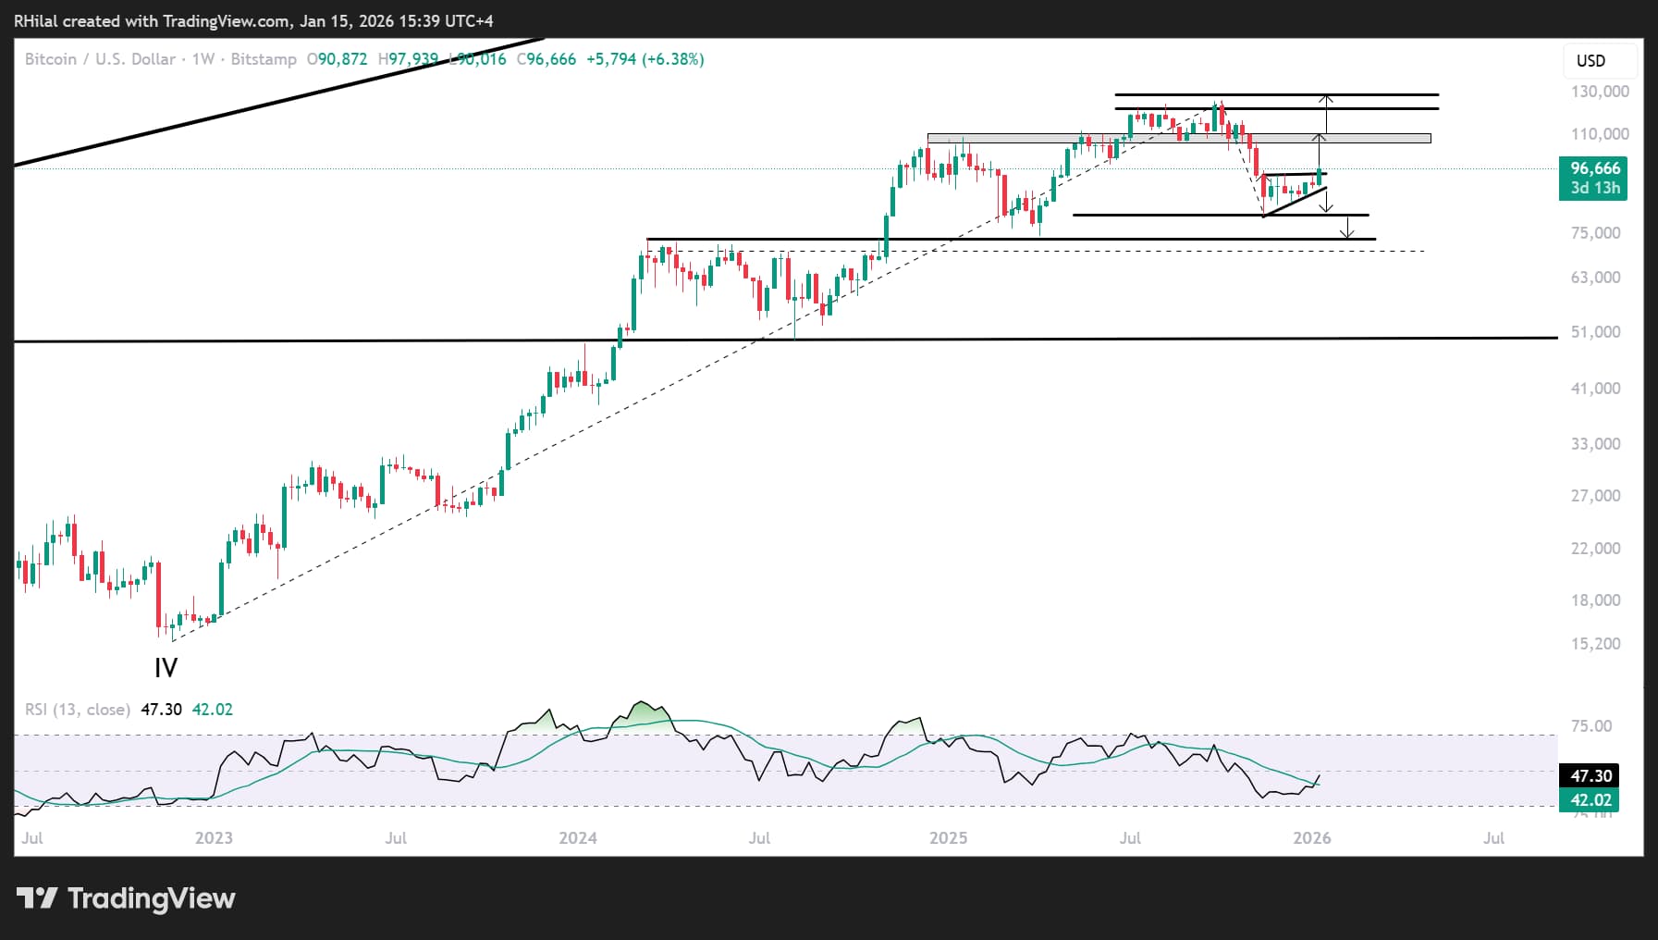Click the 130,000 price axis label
(x=1599, y=92)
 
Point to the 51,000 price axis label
(x=1595, y=332)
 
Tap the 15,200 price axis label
(x=1595, y=644)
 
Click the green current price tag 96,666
(x=1594, y=168)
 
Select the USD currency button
(x=1590, y=61)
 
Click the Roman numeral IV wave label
(x=166, y=668)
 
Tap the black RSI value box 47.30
(x=1590, y=776)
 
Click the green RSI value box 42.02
(x=1590, y=800)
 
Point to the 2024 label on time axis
(x=578, y=838)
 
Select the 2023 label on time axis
(x=214, y=838)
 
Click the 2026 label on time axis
(x=1311, y=838)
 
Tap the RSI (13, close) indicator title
(x=78, y=710)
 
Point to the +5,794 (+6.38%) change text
(x=645, y=59)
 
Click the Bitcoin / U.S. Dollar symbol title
(x=100, y=59)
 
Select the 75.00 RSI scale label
(x=1590, y=726)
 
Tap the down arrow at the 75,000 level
(x=1348, y=228)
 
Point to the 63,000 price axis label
(x=1595, y=278)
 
